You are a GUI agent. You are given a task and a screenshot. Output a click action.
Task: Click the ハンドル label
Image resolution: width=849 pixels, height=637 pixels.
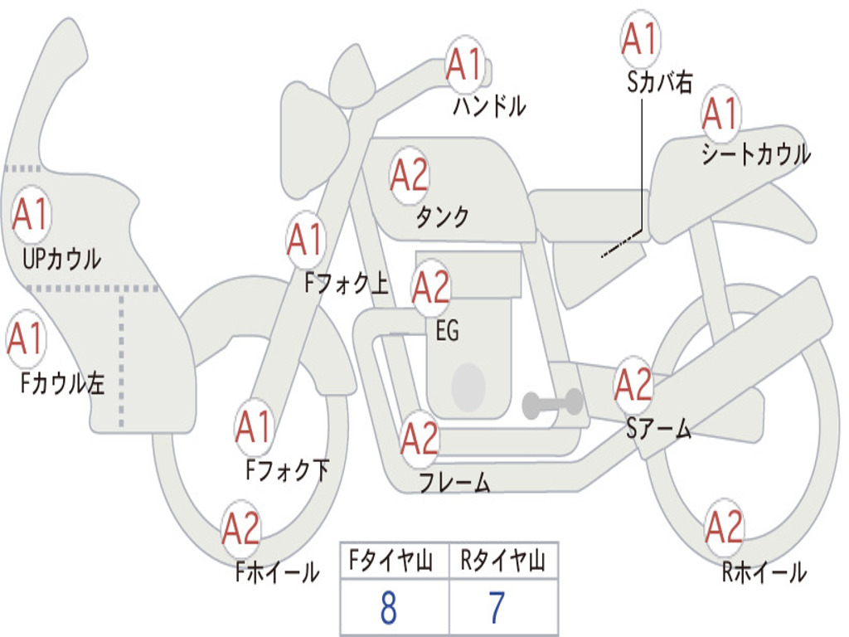tap(489, 105)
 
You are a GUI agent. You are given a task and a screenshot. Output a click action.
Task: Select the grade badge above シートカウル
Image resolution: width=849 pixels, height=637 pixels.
tap(720, 113)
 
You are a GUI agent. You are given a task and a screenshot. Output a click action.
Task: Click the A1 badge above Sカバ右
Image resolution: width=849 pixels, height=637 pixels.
tap(639, 38)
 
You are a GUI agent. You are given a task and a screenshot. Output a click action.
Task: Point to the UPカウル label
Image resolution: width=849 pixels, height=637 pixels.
tap(61, 259)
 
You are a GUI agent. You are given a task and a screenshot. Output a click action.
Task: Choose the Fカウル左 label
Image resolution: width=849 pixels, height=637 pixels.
tap(62, 382)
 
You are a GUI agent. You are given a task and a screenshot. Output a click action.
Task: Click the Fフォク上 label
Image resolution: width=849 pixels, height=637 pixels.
tap(346, 284)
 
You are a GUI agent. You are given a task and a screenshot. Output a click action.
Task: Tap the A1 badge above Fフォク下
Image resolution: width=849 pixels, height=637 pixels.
tap(254, 427)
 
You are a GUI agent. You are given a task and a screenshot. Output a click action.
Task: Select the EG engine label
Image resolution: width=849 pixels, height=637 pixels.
tap(447, 331)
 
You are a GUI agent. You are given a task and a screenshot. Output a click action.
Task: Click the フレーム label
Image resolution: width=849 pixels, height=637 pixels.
tap(454, 482)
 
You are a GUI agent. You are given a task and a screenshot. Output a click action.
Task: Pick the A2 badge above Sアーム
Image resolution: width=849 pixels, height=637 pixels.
tap(634, 385)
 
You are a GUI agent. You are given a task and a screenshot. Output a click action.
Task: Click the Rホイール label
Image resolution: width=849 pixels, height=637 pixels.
tap(764, 571)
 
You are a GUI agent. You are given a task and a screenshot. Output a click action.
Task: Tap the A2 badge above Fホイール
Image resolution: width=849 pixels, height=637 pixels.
tap(241, 528)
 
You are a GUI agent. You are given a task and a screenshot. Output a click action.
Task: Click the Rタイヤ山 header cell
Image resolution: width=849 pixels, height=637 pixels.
tap(503, 563)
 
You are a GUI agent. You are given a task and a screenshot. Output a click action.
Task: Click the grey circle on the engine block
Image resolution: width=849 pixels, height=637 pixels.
tap(468, 385)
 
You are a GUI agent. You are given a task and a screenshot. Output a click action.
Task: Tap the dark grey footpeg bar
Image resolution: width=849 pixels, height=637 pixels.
tap(553, 404)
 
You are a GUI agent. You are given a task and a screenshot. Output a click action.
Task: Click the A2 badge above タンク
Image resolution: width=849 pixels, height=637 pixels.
tap(410, 175)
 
